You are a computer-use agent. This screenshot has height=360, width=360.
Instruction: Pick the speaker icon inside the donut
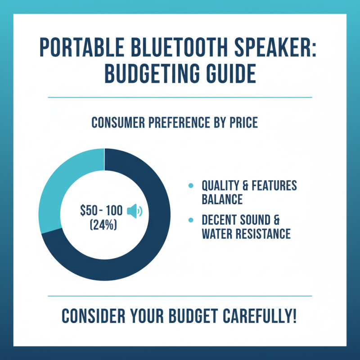(134, 210)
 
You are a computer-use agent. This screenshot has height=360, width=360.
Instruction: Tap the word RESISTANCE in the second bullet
(265, 234)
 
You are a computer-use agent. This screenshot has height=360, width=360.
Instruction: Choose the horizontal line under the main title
(180, 97)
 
